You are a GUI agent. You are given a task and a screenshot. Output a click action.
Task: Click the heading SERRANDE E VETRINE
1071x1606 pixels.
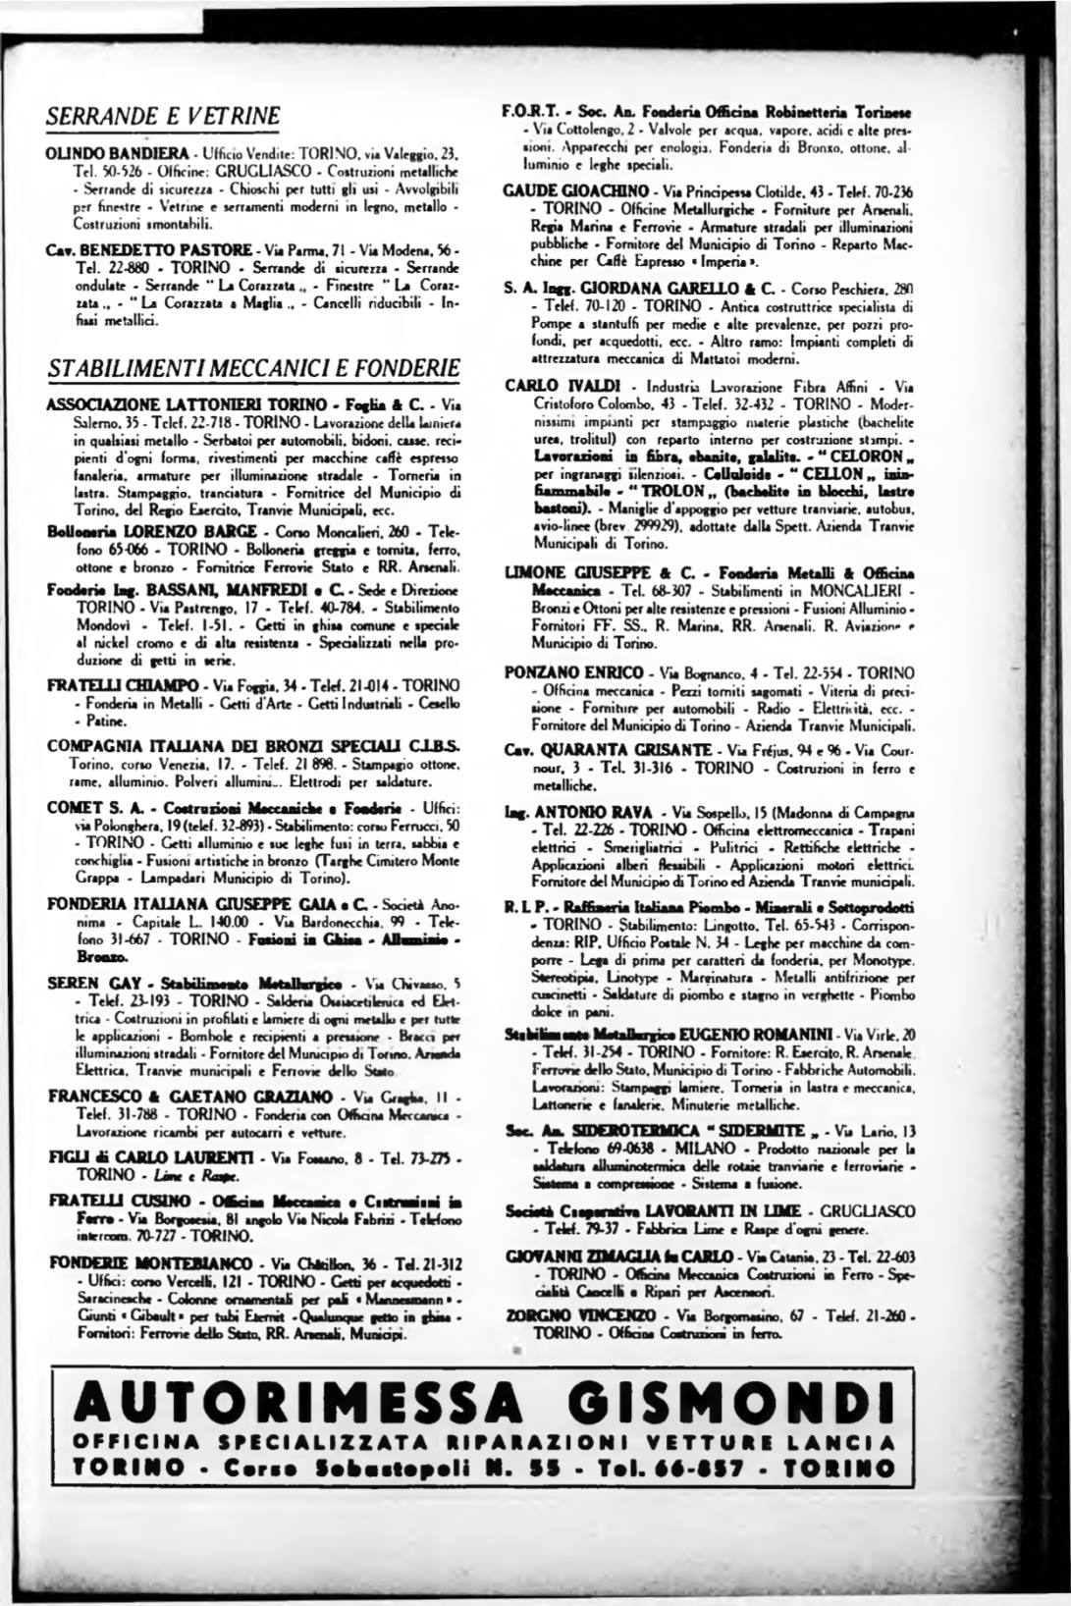click(x=164, y=117)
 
